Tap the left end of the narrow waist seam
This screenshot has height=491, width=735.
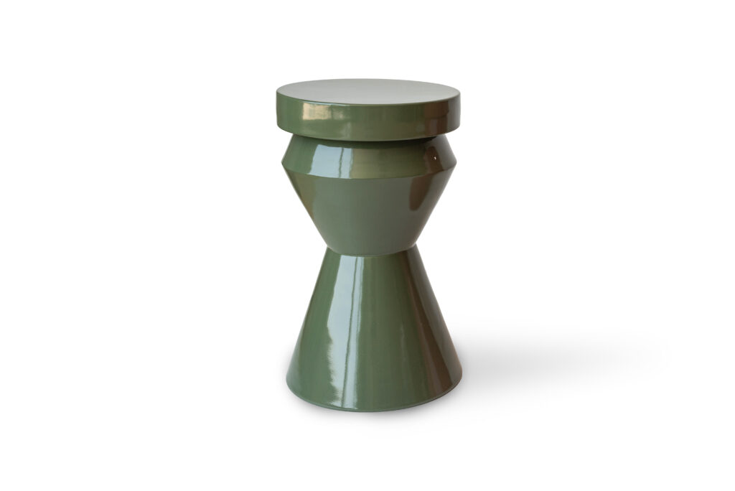coord(327,248)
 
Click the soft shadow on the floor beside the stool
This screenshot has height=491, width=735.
coord(546,359)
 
